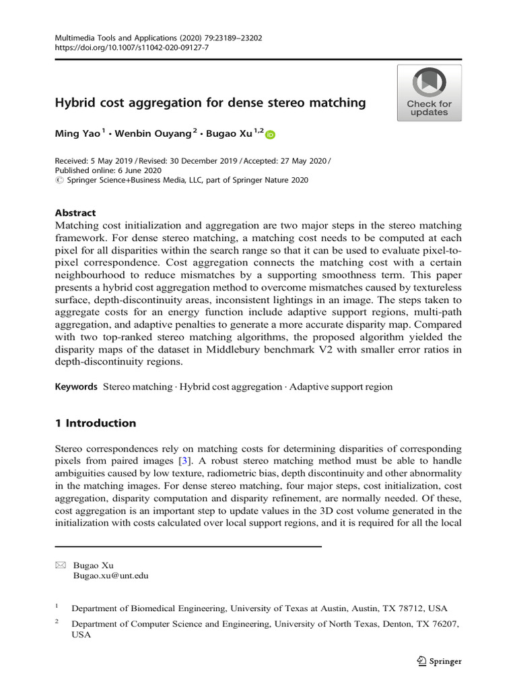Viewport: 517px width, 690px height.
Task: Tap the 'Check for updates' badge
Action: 429,92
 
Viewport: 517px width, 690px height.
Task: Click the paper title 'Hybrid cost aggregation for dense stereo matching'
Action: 210,103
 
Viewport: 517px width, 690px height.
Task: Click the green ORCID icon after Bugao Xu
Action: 271,135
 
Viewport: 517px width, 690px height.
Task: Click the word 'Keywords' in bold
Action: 75,387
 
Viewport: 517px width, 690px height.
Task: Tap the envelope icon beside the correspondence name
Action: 59,565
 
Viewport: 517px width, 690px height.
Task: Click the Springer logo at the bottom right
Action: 438,661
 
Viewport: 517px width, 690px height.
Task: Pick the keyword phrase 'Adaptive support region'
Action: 341,387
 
